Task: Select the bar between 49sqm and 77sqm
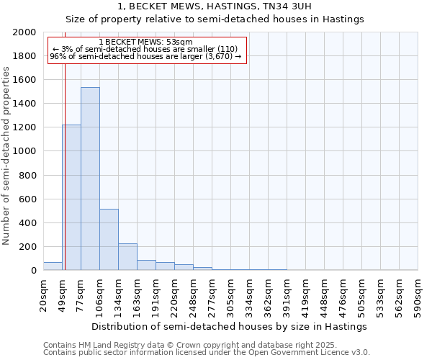[71, 197]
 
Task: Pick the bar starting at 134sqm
[127, 256]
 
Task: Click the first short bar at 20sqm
[53, 266]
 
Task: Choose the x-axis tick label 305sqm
[230, 295]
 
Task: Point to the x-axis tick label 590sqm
[418, 295]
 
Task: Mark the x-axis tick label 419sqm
[305, 295]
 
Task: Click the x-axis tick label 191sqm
[156, 295]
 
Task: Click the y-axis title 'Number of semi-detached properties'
[6, 156]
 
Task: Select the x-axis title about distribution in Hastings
[230, 326]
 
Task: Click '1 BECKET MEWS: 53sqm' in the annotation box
[146, 42]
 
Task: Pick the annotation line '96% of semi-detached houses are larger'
[146, 56]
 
